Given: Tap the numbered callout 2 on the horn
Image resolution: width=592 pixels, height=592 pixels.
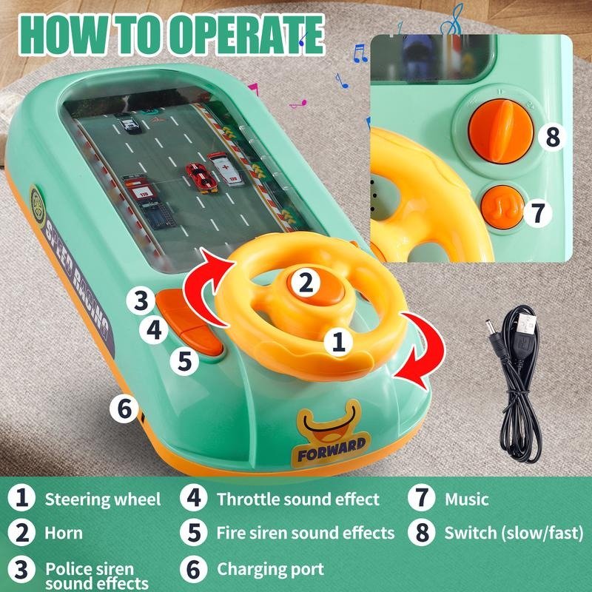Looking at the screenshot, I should click(302, 282).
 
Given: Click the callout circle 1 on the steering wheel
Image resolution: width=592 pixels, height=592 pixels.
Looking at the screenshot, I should click(338, 341).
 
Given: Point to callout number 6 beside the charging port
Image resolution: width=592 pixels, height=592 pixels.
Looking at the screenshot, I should click(124, 407).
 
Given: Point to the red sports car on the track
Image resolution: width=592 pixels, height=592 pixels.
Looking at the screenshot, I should click(198, 176).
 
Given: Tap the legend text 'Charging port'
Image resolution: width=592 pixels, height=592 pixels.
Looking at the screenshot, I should click(270, 569).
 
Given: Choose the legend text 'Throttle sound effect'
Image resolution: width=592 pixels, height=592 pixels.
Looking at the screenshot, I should click(297, 499).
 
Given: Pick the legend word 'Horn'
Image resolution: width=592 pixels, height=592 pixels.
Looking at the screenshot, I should click(64, 533).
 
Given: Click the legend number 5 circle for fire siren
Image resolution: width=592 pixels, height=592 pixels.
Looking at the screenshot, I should click(195, 533).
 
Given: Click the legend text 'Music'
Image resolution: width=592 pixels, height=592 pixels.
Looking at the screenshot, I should click(466, 499).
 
